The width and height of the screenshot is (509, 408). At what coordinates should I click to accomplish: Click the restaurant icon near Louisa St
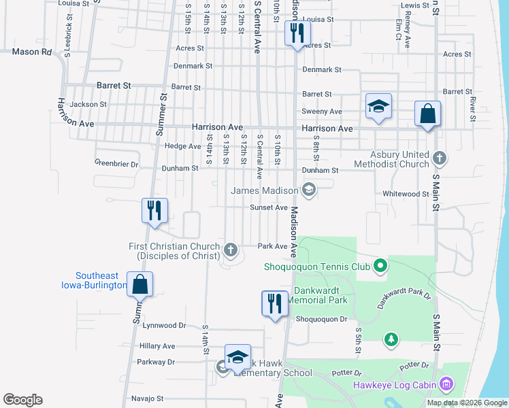[297, 33]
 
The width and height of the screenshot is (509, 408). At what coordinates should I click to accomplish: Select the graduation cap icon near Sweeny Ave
[378, 107]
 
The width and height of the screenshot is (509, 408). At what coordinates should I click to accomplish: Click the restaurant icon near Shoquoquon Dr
[275, 303]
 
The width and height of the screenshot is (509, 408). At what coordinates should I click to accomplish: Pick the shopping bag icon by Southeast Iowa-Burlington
[139, 285]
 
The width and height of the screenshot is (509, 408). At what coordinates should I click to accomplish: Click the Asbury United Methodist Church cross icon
[440, 158]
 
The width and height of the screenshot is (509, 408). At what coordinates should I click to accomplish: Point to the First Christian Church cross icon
[231, 250]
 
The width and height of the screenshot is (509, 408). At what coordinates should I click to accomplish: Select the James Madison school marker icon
[309, 190]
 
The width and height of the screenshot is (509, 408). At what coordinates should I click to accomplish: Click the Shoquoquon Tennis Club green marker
[380, 266]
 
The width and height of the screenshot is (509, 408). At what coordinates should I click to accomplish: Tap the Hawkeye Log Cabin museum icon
[446, 386]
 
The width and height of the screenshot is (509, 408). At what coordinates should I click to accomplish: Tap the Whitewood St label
[406, 194]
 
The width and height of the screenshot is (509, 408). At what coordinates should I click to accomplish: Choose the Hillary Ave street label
[157, 346]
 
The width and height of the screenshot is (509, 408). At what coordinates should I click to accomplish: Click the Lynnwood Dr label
[164, 326]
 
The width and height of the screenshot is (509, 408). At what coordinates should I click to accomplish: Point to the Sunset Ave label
[269, 207]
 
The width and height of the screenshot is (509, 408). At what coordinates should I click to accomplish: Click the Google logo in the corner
[22, 400]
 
